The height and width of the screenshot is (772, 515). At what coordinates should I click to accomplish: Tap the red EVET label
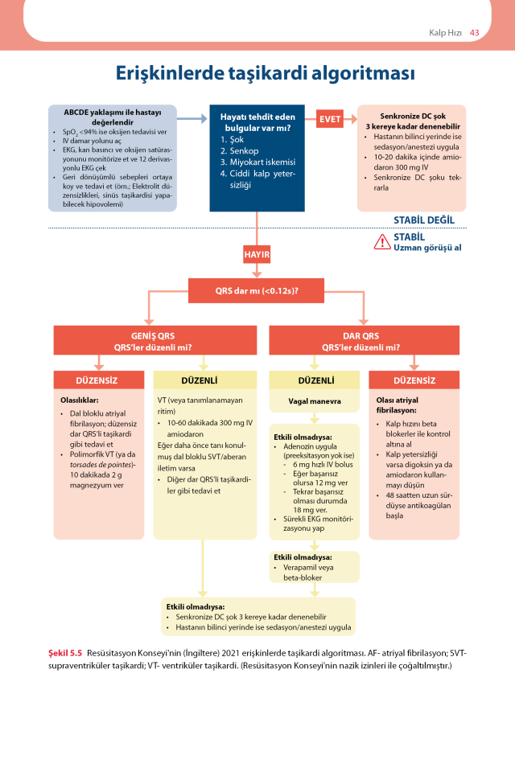[330, 120]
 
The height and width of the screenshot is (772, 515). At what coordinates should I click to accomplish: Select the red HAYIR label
[256, 255]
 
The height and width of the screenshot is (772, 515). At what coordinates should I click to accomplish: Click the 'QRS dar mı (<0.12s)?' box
[257, 289]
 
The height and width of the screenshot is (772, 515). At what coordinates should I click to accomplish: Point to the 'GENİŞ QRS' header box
[154, 341]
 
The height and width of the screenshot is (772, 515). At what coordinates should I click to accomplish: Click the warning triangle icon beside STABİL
[382, 240]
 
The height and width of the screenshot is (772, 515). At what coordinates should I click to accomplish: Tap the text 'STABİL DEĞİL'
[424, 220]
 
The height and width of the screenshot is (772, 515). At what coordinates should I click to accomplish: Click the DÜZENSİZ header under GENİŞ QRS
[97, 380]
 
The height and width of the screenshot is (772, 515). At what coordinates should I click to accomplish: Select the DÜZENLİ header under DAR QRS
[315, 380]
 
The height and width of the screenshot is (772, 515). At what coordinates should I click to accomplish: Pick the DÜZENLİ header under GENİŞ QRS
[202, 380]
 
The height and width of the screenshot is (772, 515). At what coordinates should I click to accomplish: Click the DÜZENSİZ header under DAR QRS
[415, 380]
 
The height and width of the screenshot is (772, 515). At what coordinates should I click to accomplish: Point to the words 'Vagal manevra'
[315, 400]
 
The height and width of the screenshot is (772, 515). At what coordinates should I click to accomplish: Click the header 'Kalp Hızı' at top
[443, 32]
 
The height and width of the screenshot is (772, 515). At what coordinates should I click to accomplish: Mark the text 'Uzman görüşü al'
[426, 248]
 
